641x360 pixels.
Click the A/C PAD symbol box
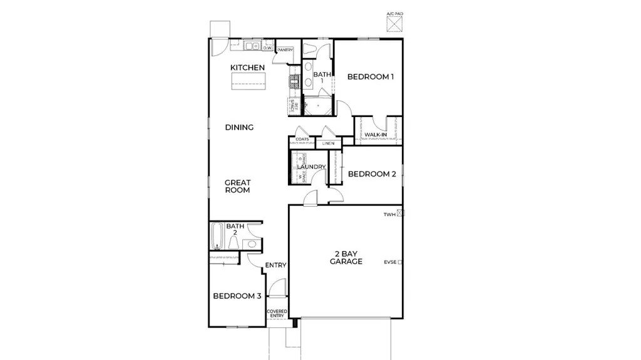click(393, 24)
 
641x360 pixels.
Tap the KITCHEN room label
click(247, 68)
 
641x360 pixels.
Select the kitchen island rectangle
click(249, 80)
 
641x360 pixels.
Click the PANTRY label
click(285, 49)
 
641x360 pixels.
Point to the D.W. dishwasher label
click(267, 48)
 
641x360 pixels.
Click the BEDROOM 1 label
click(371, 77)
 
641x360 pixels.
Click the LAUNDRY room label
click(311, 167)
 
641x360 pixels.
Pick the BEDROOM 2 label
click(371, 174)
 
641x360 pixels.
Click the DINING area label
click(239, 127)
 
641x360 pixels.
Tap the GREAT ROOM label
click(238, 186)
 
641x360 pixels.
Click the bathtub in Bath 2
click(217, 238)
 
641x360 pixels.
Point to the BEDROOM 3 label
click(237, 296)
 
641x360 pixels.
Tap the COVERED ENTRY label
click(277, 313)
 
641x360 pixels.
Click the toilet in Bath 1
click(311, 49)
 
